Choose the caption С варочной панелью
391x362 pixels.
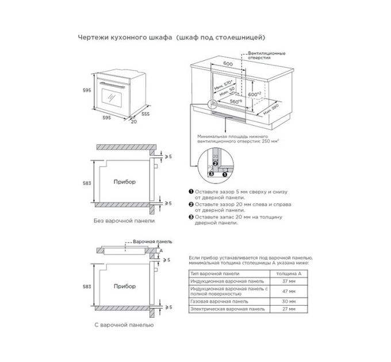pyautogui.click(x=123, y=325)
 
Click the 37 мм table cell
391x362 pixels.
pyautogui.click(x=292, y=282)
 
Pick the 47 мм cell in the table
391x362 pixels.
pyautogui.click(x=292, y=291)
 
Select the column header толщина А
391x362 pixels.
pyautogui.click(x=292, y=273)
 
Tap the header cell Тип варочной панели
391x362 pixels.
pyautogui.click(x=210, y=273)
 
